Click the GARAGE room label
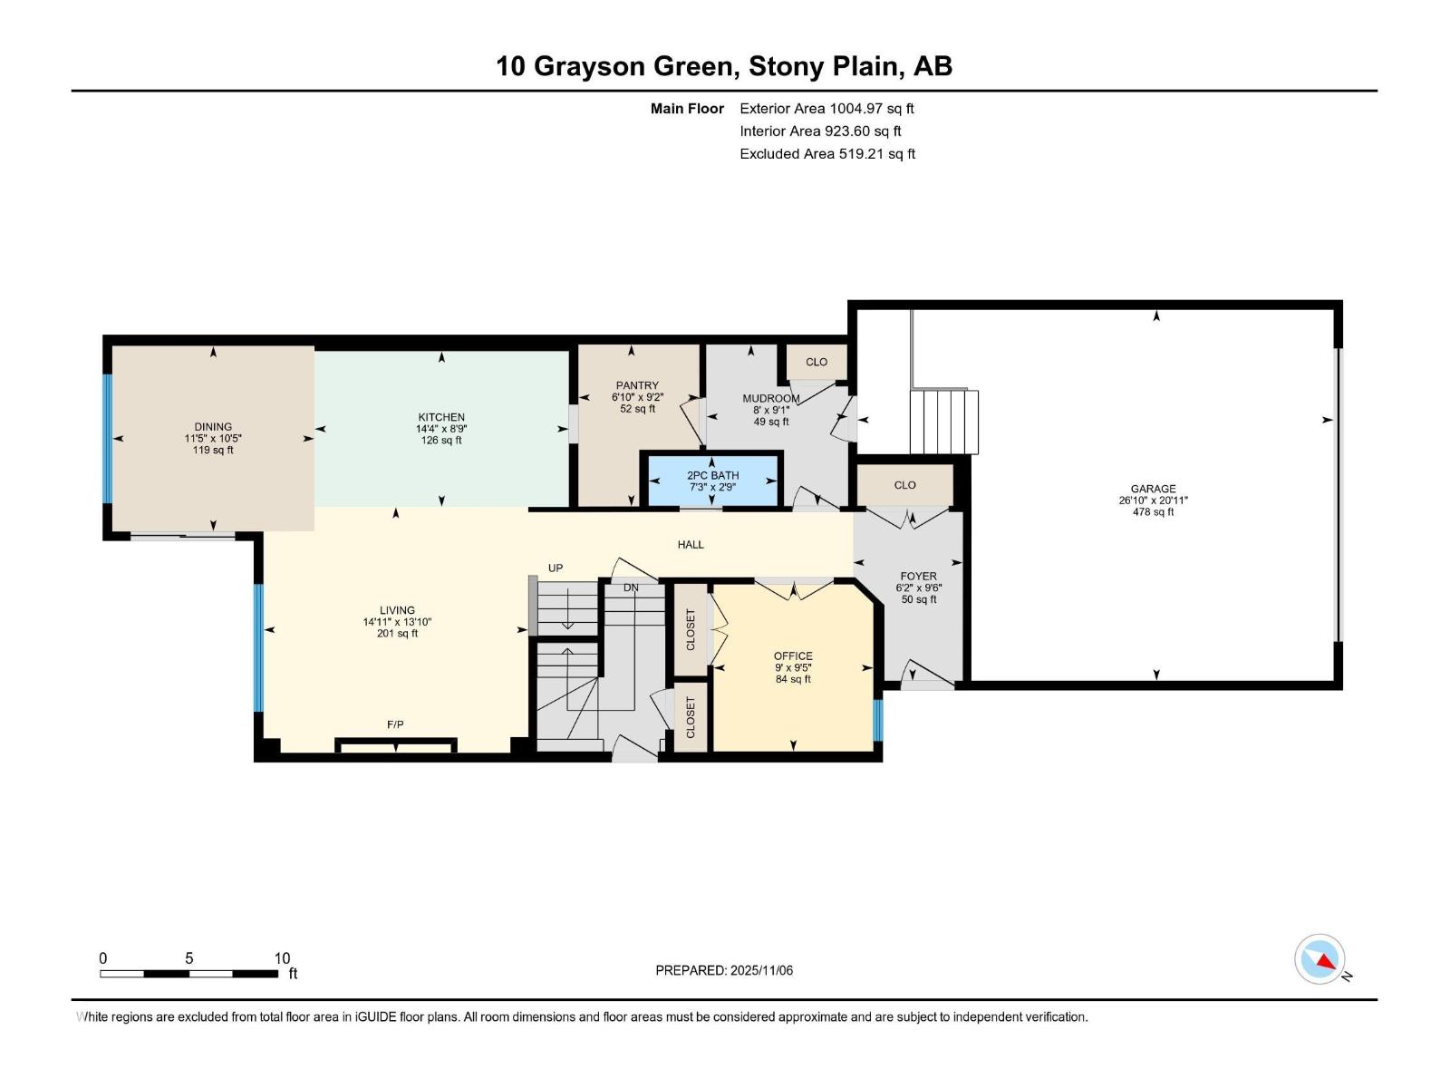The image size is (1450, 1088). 1153,489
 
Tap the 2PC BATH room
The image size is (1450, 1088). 712,481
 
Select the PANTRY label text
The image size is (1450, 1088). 637,385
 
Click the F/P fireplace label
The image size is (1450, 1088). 395,724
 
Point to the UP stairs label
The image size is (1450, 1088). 556,568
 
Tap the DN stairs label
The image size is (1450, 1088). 631,588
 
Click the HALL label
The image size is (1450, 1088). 691,545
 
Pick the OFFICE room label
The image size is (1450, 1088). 793,656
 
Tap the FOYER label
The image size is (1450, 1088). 918,576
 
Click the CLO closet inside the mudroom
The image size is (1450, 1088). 817,362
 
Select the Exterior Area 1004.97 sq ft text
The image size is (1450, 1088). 826,109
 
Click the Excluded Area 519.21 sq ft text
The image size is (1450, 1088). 826,154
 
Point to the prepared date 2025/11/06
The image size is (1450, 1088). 724,970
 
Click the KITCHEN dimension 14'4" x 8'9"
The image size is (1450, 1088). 441,429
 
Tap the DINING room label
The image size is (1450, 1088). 213,427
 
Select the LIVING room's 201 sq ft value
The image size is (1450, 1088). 397,634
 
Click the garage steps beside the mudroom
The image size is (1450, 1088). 944,422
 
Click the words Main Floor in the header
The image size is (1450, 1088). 687,109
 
